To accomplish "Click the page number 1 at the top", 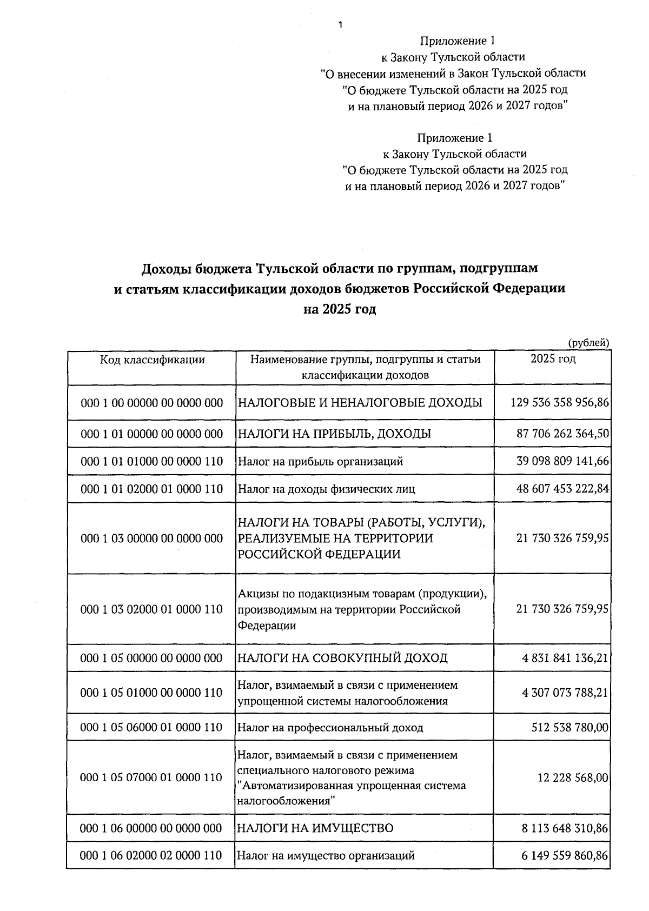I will (340, 24).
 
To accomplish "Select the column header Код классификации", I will (152, 360).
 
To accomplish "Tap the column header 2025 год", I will (553, 358).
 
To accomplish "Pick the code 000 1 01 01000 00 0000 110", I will (152, 461).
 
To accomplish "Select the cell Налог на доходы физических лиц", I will (327, 489).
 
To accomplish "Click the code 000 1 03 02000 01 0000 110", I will (152, 609).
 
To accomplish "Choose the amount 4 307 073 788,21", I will (565, 693).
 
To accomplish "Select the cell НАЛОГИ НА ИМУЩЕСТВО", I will (316, 828).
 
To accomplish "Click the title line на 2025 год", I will (339, 310).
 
